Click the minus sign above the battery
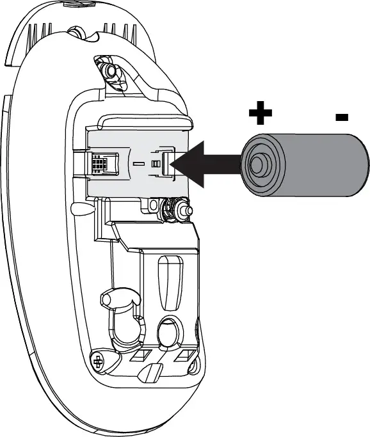coord(341,117)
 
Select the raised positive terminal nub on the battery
coord(257,164)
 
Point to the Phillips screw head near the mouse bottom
coord(98,362)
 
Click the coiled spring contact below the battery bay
coord(172,208)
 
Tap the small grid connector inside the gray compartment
coord(99,164)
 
